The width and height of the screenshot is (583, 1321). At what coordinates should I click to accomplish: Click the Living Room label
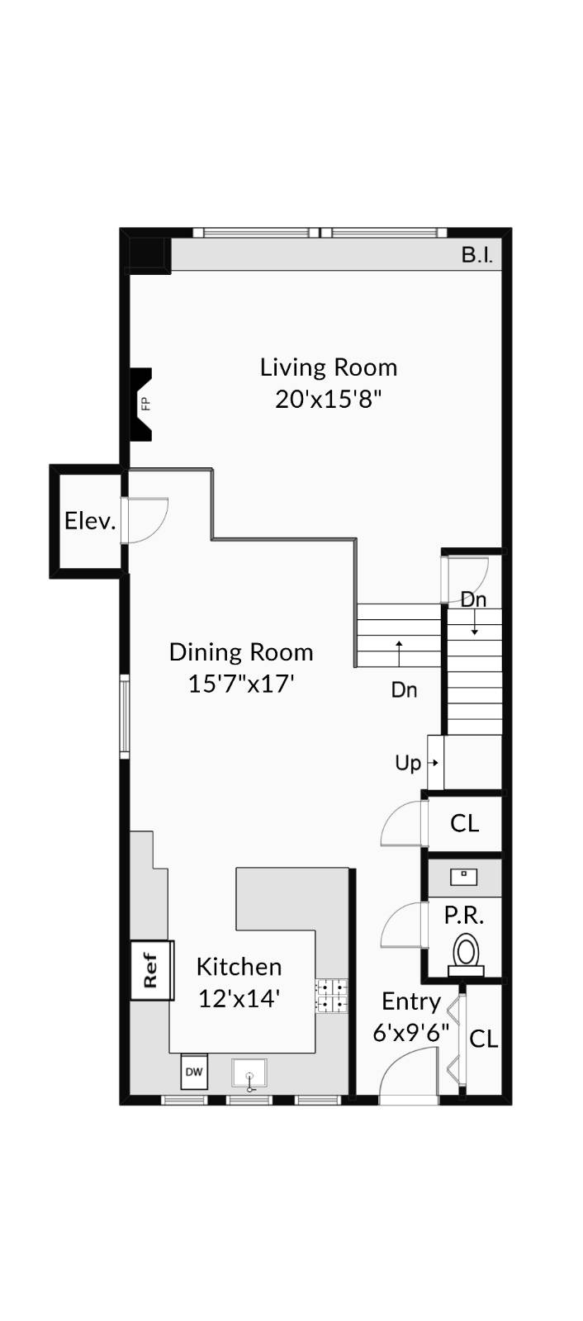coord(329,367)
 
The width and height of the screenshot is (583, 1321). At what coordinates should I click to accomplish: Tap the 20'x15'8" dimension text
coord(329,400)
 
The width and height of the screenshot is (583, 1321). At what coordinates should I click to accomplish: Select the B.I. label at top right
coord(476,255)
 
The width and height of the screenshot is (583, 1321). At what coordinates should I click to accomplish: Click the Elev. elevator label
coord(89,521)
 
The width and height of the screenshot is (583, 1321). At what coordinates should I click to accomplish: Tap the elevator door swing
coord(145,519)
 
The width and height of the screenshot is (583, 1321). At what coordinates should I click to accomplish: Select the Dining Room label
coord(241,652)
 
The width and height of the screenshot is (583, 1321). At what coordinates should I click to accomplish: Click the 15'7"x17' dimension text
coord(241,684)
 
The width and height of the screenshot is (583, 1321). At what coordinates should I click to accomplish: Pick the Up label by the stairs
coord(408,763)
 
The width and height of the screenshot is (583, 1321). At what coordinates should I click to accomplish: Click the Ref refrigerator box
coord(151,970)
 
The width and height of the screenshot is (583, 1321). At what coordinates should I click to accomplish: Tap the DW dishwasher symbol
coord(194,1072)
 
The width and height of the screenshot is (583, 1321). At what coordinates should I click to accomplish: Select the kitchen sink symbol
coord(249,1075)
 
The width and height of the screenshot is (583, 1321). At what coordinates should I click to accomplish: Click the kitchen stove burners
coord(331,995)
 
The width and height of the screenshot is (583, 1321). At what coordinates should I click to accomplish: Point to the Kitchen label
coord(239,967)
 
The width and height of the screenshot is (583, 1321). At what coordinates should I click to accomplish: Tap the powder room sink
coord(463,876)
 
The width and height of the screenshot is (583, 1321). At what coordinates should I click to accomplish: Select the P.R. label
coord(463,915)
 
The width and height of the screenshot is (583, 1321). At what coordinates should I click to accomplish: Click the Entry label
coord(410,1001)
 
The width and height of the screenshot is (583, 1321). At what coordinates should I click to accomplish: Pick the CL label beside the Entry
coord(483,1039)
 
